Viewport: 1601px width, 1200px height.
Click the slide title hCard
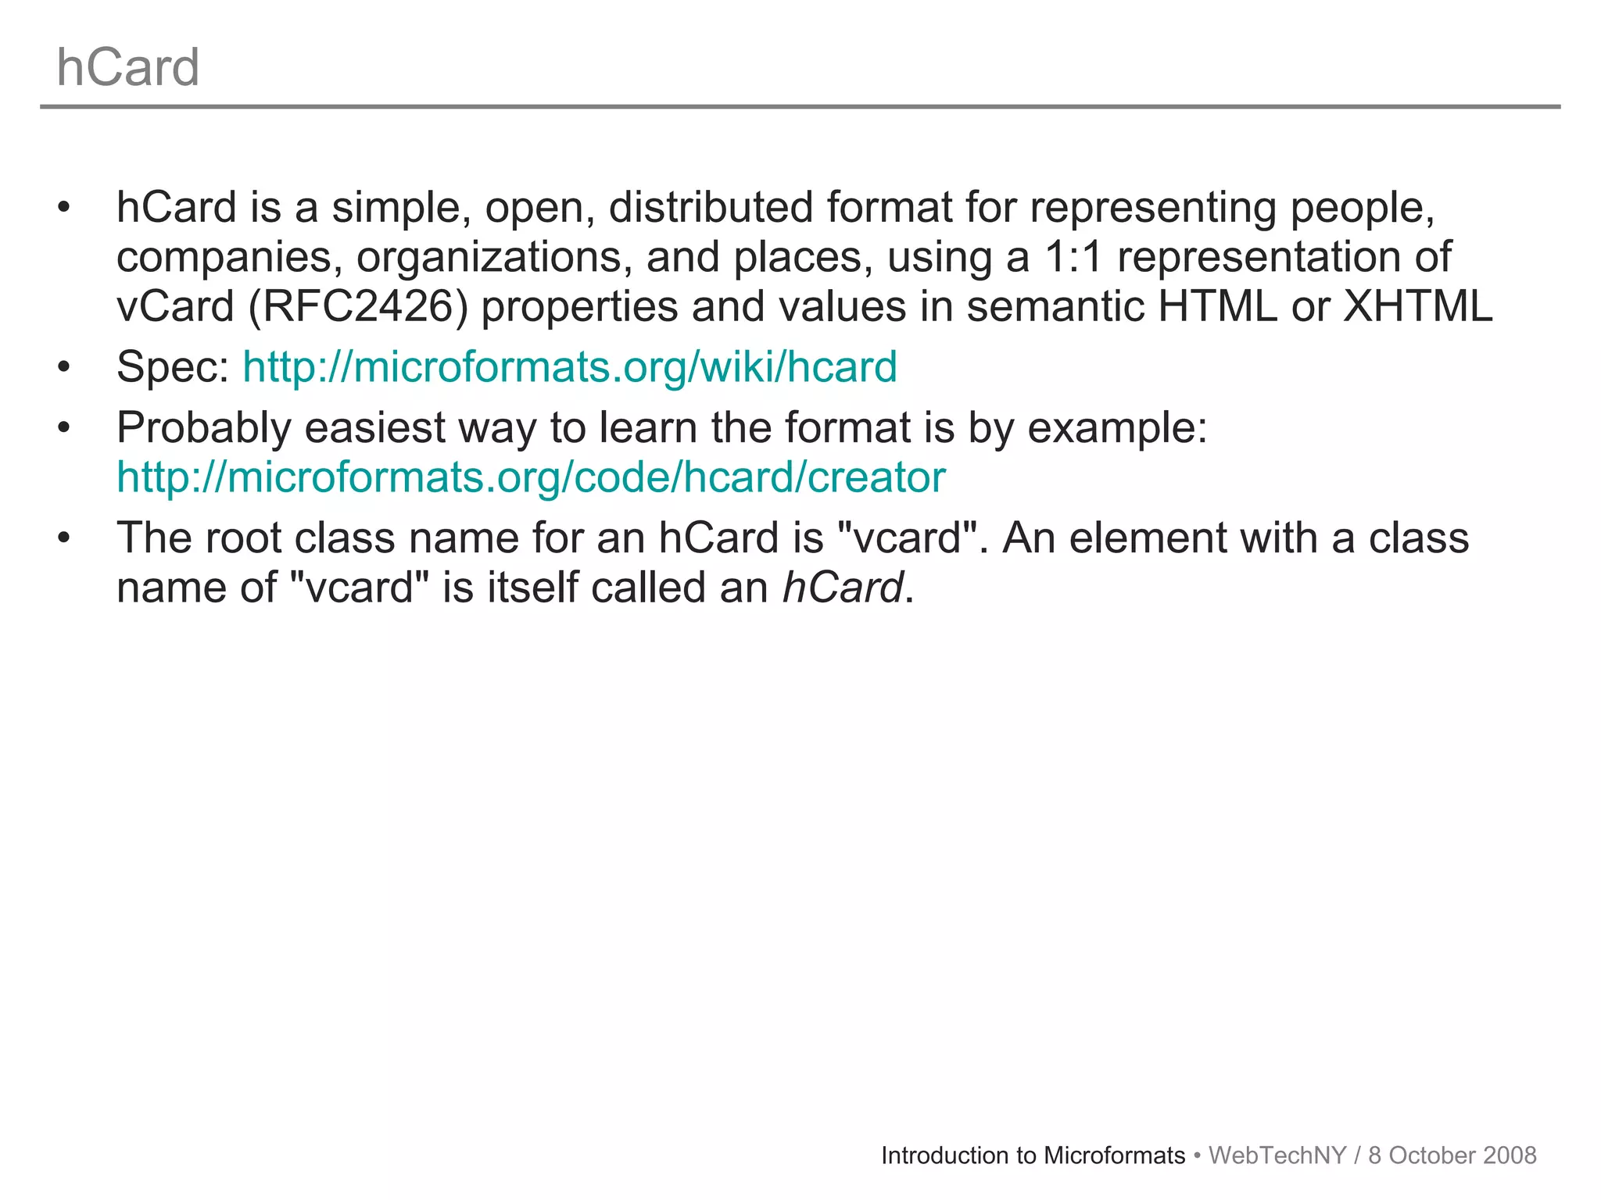128,67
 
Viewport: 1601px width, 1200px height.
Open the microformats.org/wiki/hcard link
570,366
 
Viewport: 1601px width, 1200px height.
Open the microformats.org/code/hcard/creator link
531,477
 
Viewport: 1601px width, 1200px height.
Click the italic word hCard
843,587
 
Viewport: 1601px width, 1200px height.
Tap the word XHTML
1417,306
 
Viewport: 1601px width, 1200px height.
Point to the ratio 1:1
1073,257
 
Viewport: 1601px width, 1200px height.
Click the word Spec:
172,366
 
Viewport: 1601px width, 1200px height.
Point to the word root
243,537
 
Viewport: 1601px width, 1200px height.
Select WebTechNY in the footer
1277,1155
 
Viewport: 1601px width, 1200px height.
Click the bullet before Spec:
63,366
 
